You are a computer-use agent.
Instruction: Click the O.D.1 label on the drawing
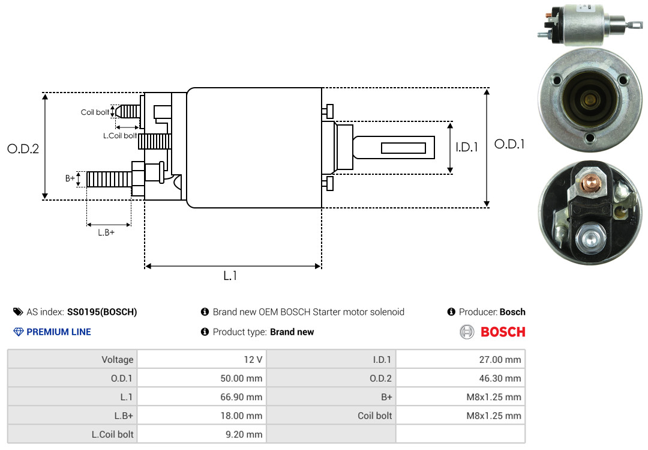(509, 145)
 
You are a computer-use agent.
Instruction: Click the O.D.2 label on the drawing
(23, 149)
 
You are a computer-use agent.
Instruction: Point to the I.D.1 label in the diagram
(466, 147)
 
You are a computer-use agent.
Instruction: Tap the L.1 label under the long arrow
(230, 276)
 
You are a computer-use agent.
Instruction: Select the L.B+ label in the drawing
(106, 233)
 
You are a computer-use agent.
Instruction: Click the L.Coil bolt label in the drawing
(120, 136)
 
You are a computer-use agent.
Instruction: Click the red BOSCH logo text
(503, 332)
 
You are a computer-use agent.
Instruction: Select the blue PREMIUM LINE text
(59, 332)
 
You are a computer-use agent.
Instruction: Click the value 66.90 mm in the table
(242, 397)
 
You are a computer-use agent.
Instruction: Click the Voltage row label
(117, 360)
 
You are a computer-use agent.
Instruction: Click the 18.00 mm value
(242, 416)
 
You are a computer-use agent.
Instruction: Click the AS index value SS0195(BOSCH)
(102, 312)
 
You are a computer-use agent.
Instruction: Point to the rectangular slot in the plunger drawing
(404, 148)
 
